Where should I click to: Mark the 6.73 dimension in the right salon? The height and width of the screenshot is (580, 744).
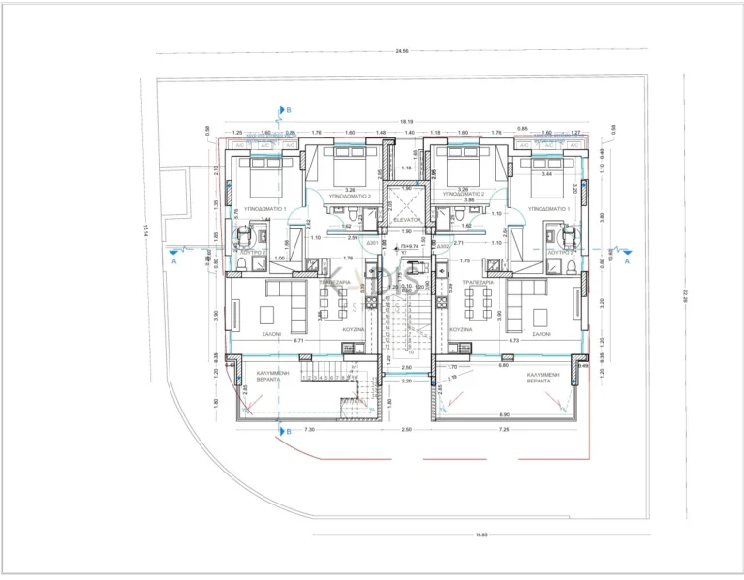pos(513,341)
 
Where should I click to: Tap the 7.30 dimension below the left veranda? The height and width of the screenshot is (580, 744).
pos(309,429)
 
